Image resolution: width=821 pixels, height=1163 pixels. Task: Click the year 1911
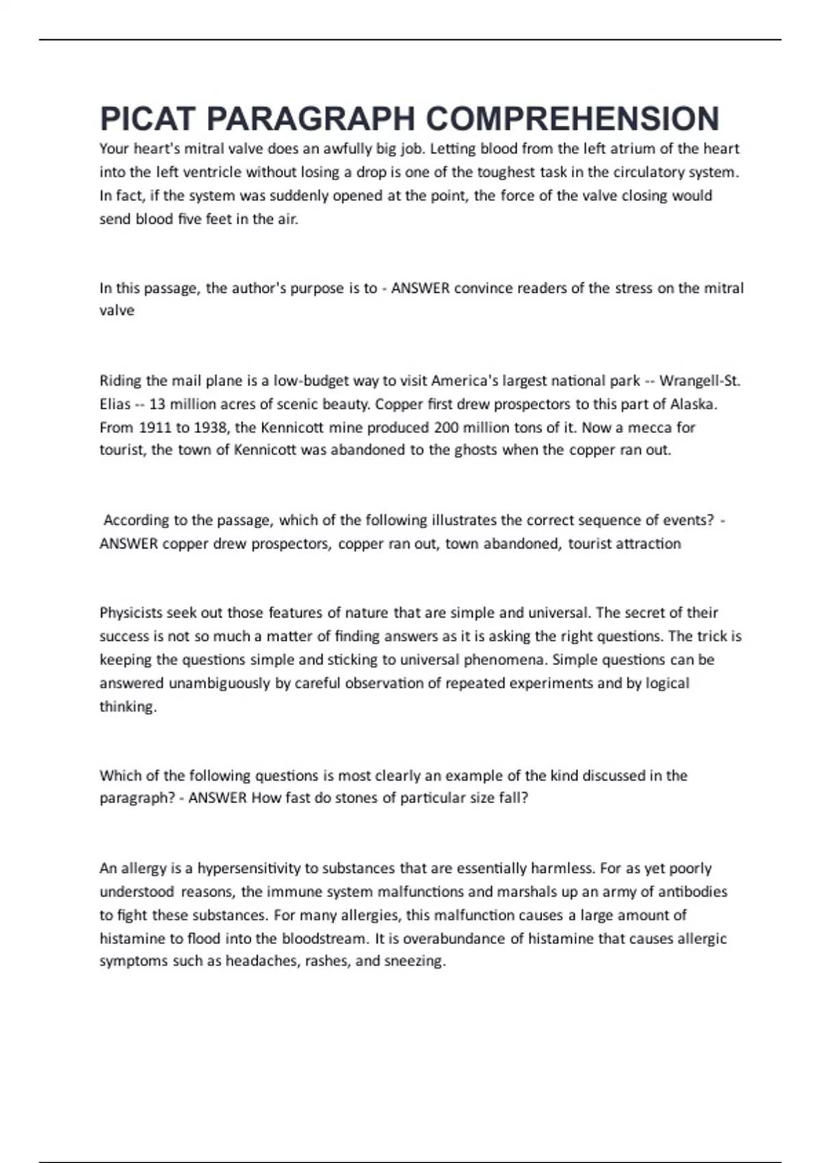155,428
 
